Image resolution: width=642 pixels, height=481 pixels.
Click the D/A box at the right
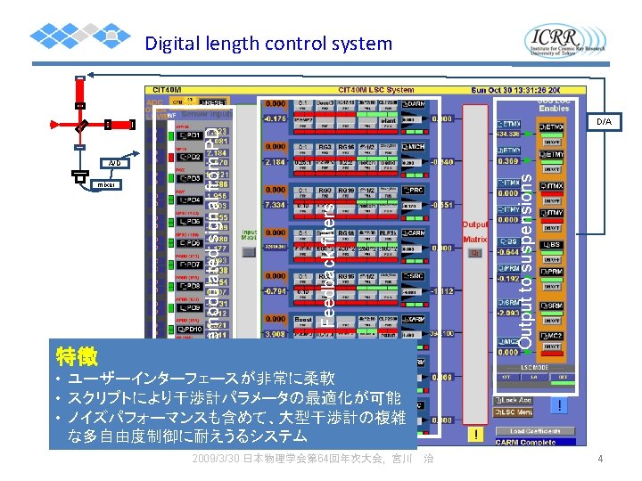(604, 121)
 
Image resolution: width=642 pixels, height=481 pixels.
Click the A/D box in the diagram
(114, 163)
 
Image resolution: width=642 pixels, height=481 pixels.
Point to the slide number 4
(601, 460)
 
